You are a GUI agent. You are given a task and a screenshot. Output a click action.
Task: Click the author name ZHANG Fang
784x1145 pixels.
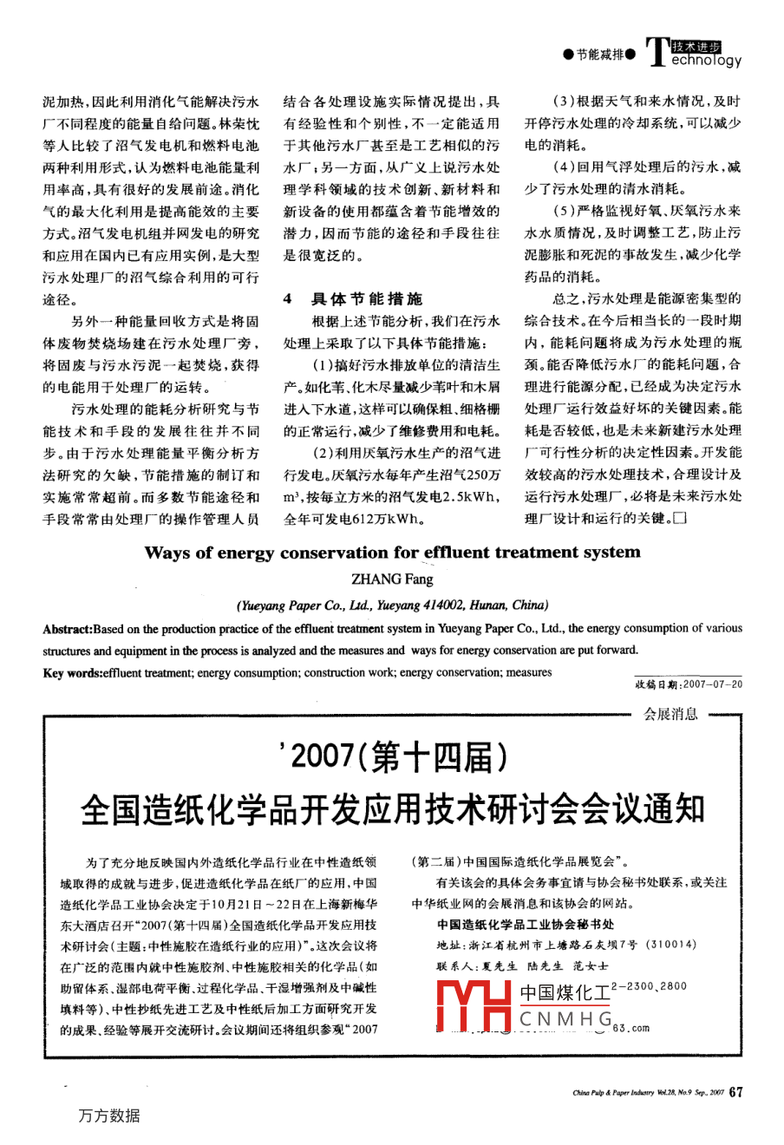coord(392,579)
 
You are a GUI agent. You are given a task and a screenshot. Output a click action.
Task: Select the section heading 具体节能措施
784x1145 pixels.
coord(367,298)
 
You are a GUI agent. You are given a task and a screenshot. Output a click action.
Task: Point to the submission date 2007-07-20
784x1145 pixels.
coord(713,684)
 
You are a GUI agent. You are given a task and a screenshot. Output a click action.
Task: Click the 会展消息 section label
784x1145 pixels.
coord(670,714)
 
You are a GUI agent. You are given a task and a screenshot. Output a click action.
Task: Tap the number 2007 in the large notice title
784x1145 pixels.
coord(320,757)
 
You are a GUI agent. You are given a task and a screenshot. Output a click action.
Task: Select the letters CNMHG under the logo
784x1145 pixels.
coord(565,1019)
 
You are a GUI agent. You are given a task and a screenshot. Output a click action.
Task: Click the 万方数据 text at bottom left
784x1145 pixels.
coord(109,1116)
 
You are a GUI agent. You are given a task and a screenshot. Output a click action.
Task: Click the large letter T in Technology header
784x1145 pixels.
coord(657,52)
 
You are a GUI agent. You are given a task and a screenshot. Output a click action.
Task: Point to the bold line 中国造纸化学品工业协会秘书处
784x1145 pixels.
coord(526,926)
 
